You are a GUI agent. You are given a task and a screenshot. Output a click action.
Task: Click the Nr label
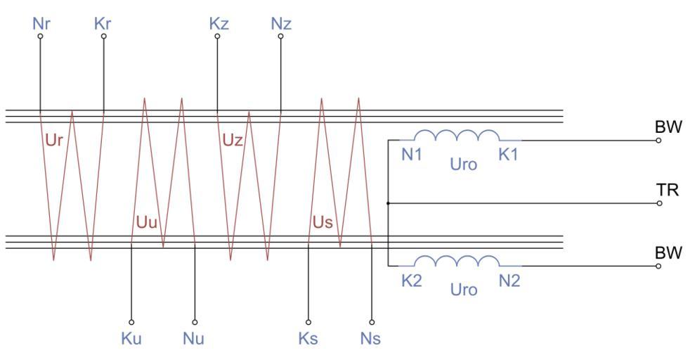pyautogui.click(x=41, y=23)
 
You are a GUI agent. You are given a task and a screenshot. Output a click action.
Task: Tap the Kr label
pyautogui.click(x=103, y=23)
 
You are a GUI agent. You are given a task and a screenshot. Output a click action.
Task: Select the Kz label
pyautogui.click(x=218, y=23)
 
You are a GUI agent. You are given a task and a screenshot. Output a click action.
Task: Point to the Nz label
pyautogui.click(x=280, y=23)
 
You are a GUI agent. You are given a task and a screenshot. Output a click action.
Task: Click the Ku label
pyautogui.click(x=131, y=338)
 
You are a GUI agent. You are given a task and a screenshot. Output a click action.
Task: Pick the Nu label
pyautogui.click(x=193, y=338)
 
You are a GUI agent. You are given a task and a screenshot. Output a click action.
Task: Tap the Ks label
pyautogui.click(x=308, y=338)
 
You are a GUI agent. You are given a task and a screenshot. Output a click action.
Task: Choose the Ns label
pyautogui.click(x=370, y=338)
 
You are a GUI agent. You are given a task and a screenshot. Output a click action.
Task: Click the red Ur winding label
pyautogui.click(x=55, y=140)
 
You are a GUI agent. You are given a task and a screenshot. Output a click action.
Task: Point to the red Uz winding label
pyautogui.click(x=233, y=140)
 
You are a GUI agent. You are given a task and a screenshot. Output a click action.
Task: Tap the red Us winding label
pyautogui.click(x=323, y=224)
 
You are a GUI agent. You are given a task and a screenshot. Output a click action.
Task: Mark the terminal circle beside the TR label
pyautogui.click(x=659, y=203)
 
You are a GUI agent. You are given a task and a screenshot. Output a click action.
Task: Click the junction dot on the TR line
pyautogui.click(x=389, y=203)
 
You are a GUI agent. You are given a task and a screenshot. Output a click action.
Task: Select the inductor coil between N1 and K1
pyautogui.click(x=457, y=136)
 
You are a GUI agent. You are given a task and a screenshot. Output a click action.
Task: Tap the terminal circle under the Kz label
pyautogui.click(x=217, y=36)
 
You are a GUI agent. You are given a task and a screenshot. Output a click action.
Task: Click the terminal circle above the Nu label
pyautogui.click(x=195, y=322)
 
